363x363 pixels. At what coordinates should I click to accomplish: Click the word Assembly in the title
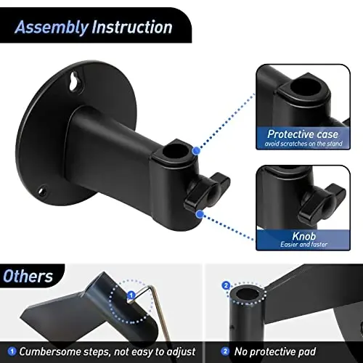[x=52, y=28]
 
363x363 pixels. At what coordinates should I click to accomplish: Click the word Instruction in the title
[x=131, y=28]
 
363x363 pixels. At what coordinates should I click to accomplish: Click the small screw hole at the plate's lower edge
[x=42, y=193]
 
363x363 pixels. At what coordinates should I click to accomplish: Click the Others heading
[x=28, y=276]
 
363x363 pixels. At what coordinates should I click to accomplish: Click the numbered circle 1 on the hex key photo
[x=131, y=296]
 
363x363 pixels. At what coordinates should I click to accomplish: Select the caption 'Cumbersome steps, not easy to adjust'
[x=106, y=351]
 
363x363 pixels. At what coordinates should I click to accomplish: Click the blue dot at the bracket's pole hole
[x=196, y=150]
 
